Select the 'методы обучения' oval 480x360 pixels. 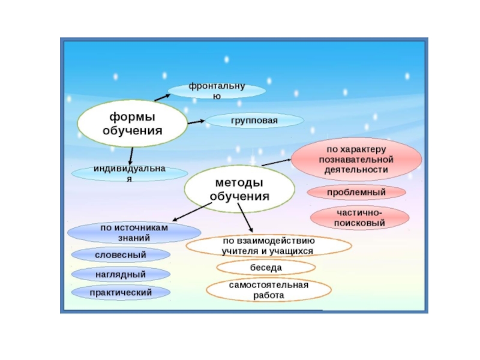[239, 189]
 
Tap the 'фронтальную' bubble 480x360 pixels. [217, 91]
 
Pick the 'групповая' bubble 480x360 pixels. [254, 121]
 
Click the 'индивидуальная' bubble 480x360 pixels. [129, 173]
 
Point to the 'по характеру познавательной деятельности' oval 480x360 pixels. [356, 160]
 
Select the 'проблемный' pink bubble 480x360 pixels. [356, 193]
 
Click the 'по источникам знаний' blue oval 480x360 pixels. [134, 233]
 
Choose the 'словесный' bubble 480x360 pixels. [121, 255]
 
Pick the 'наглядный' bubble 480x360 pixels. [121, 274]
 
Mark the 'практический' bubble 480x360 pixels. [121, 293]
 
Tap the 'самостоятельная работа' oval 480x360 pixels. [268, 290]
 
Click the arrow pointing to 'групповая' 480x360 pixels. [196, 122]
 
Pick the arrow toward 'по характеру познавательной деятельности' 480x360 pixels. [276, 161]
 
